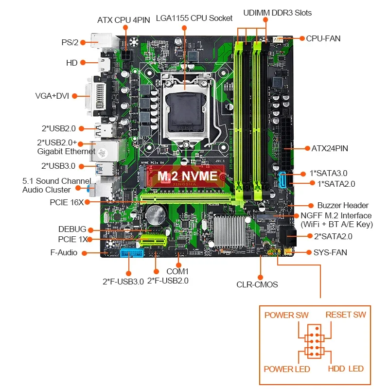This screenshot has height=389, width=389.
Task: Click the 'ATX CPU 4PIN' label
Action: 124,19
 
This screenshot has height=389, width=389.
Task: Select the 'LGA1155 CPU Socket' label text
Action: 194,18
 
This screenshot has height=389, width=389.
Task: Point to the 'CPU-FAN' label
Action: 323,38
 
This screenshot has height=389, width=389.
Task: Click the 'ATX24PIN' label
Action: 330,148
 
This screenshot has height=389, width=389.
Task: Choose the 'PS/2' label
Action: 70,42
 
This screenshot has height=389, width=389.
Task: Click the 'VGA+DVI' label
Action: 52,95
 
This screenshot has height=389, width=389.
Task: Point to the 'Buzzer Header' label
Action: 343,205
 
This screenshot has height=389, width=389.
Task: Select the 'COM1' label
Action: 177,271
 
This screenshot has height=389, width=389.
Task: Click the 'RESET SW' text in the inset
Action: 346,315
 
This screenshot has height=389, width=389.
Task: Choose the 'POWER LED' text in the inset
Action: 287,369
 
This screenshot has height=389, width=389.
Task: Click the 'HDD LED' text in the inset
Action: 346,369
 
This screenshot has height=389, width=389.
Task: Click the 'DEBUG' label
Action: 72,229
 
